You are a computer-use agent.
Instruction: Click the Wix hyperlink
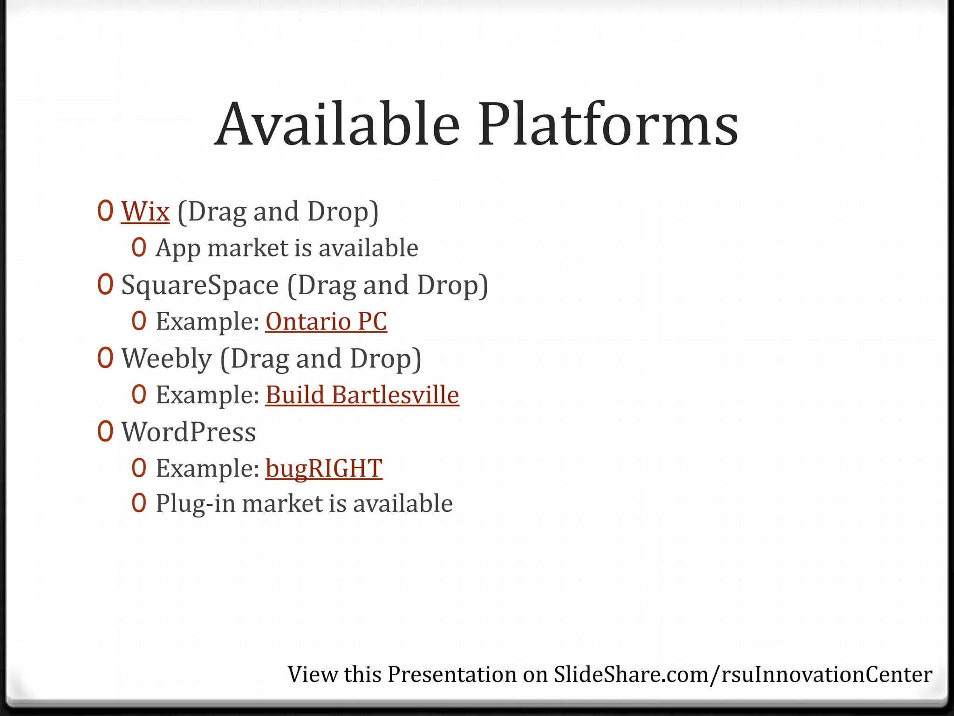pos(145,212)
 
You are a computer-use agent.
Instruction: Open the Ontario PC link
pos(326,322)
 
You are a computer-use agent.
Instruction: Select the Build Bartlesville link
pos(362,395)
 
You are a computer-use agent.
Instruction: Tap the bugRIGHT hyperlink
pos(324,468)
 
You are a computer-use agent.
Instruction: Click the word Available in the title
pos(337,125)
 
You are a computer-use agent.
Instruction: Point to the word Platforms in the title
pos(608,125)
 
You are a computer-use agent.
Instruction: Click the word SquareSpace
pos(200,285)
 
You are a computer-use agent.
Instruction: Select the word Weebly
pos(166,359)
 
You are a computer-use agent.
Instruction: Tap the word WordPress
pos(189,432)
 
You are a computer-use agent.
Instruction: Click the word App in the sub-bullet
pos(178,248)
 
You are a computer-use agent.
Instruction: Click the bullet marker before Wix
pos(105,211)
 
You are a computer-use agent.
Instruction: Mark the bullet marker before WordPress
pos(105,432)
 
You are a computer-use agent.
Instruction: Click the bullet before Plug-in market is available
pos(139,503)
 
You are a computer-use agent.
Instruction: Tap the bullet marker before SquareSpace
pos(105,285)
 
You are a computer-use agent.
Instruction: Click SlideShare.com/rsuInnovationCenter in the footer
pos(743,675)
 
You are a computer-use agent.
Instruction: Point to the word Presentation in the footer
pos(452,675)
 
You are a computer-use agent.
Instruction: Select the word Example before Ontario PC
pos(207,322)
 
